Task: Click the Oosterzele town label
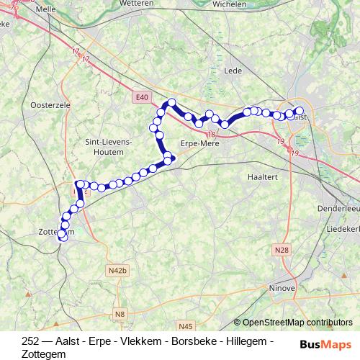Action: (x=48, y=105)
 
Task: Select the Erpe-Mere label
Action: (x=199, y=143)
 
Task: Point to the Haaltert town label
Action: (x=261, y=176)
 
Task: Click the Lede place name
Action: (x=233, y=71)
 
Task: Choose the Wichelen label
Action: (x=230, y=4)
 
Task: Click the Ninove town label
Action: (x=283, y=288)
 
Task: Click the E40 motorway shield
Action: (x=141, y=96)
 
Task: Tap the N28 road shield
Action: (x=282, y=250)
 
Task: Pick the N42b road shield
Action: (x=117, y=270)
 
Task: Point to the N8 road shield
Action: (x=120, y=314)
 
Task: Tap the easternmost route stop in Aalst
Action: (x=300, y=111)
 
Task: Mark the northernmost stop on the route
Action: (x=172, y=103)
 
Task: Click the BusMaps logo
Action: (x=325, y=344)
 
